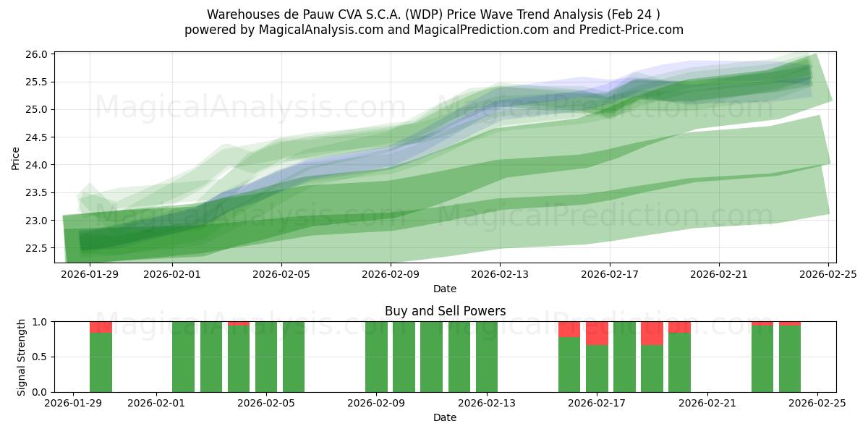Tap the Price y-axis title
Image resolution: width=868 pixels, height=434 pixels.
(x=16, y=158)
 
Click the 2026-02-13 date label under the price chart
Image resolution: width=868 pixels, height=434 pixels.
(x=500, y=275)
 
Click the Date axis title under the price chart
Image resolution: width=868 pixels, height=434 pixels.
(x=444, y=289)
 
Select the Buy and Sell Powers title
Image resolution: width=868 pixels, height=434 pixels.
(x=445, y=311)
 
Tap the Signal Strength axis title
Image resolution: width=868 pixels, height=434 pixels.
(x=22, y=357)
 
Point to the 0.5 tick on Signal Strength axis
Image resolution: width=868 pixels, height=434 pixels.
(x=41, y=357)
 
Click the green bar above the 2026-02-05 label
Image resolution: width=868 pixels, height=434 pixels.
(x=266, y=357)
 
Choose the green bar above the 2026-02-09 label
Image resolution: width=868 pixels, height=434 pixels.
(x=376, y=357)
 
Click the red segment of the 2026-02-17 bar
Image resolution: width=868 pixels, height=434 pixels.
(x=597, y=333)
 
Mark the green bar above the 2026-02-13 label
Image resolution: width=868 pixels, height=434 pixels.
(x=487, y=357)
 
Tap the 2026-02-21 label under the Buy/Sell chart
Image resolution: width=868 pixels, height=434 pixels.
(x=707, y=404)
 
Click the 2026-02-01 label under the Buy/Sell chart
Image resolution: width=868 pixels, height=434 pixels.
(x=157, y=404)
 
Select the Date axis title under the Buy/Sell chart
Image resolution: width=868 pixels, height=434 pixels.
(x=444, y=417)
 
